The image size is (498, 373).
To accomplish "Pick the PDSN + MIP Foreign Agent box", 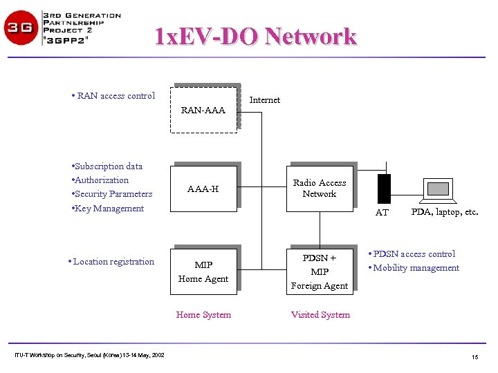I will coord(320,271).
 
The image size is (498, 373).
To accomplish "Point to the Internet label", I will coord(265,100).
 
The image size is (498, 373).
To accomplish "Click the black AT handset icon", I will coord(384,189).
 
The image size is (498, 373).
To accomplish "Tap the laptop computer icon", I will coord(440,189).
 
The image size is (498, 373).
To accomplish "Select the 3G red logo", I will coord(21,28).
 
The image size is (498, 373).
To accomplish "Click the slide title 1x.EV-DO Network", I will coord(255,36).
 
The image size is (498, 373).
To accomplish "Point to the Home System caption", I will coord(203,315).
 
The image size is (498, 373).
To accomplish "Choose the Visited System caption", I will coord(320,315).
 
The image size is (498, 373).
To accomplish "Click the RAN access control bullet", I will coord(115,96).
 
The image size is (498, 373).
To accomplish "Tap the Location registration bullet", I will coord(112,262).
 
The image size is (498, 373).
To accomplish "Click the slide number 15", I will coord(474,356).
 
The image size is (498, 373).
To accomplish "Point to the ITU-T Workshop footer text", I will coord(89,355).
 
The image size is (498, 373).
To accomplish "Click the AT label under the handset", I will coord(382,213).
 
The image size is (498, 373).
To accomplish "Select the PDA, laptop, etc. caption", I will coord(445,212).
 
